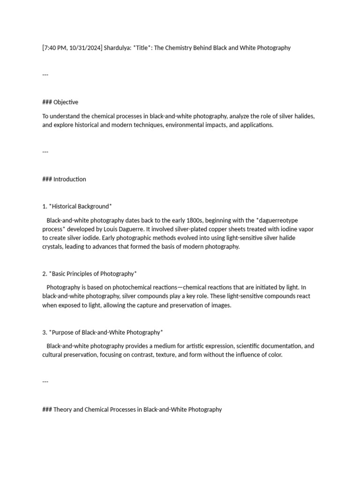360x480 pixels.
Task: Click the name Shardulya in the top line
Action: [x=117, y=48]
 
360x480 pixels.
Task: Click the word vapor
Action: [x=304, y=229]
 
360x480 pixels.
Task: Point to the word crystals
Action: [x=53, y=247]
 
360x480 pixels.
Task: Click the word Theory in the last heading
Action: [x=62, y=409]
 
